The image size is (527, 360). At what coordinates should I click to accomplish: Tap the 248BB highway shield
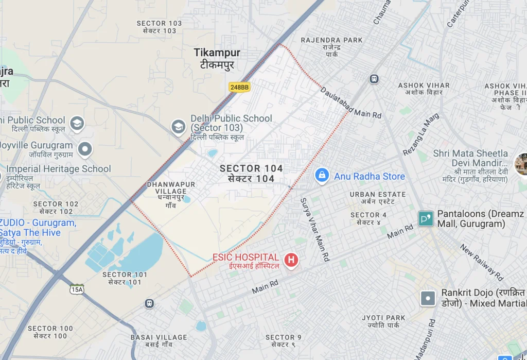click(x=239, y=87)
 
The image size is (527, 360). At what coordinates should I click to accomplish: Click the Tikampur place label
click(x=217, y=58)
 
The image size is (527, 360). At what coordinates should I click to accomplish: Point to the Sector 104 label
click(x=251, y=174)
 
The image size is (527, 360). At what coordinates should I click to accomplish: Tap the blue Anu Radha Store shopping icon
click(x=322, y=176)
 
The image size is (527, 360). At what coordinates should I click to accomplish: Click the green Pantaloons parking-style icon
click(x=426, y=219)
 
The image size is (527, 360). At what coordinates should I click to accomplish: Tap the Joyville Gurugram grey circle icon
click(x=84, y=149)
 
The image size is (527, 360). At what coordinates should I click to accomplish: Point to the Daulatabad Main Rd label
click(x=350, y=103)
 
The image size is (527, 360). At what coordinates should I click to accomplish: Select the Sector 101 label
click(x=125, y=278)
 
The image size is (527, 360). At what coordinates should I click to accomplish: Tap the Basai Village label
click(x=159, y=341)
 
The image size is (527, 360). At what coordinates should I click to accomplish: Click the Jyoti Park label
click(x=383, y=321)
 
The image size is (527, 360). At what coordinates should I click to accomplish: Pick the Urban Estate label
click(x=377, y=198)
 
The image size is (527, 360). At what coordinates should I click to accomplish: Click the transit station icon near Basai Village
click(x=149, y=303)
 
